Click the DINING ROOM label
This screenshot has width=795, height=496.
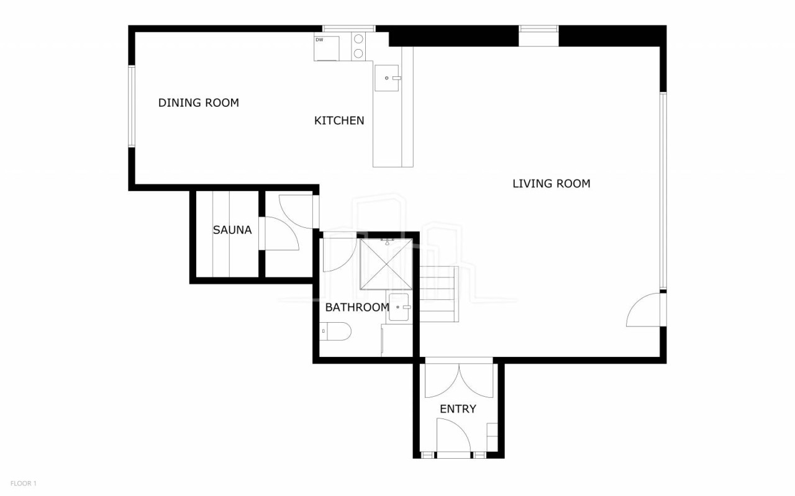tap(198, 103)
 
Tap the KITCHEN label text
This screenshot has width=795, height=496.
tap(339, 120)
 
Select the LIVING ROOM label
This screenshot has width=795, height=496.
tap(551, 183)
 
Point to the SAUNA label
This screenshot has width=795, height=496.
tap(232, 230)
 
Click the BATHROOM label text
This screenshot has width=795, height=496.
tap(357, 307)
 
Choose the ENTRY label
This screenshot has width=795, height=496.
tap(458, 409)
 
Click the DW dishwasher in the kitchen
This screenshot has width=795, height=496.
tap(327, 48)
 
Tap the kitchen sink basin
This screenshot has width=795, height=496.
tap(387, 78)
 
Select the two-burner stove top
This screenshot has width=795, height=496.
tap(358, 46)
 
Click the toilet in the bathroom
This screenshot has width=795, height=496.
tap(335, 331)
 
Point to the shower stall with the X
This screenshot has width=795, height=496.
tap(386, 264)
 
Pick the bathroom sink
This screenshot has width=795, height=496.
tap(399, 307)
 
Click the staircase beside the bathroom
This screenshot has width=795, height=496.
tap(439, 294)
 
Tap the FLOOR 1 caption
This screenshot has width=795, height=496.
tap(24, 483)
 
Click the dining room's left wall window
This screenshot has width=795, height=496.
tap(131, 106)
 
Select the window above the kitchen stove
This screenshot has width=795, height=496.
tap(348, 29)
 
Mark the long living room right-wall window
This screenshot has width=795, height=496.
tap(663, 191)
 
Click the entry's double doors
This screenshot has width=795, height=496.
tap(459, 381)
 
